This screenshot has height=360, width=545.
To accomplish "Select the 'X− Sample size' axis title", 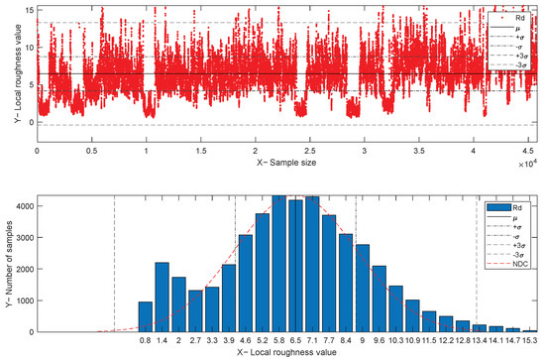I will [288, 162].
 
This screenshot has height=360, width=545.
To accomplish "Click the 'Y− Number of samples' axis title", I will [9, 264].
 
